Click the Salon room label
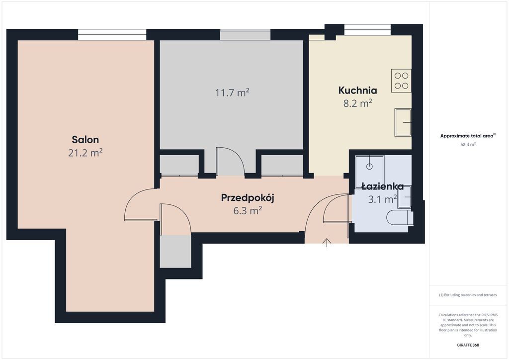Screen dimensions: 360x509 tap(85, 139)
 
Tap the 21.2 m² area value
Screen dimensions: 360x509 tap(85, 153)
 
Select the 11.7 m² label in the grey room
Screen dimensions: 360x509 tap(232, 92)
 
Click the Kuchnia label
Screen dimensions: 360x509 tap(357, 90)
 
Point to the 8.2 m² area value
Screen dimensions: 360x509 tap(357, 103)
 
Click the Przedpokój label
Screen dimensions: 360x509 tap(248, 197)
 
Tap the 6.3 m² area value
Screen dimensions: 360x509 tap(248, 210)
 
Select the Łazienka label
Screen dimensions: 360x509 tap(382, 186)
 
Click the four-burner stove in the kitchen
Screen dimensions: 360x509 tap(401, 81)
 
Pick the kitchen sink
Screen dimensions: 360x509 tap(403, 122)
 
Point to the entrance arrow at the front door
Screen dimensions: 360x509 tap(327, 242)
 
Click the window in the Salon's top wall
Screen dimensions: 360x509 tap(112, 34)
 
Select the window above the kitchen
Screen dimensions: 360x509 tap(367, 30)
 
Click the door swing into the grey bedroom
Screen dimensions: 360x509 tap(230, 161)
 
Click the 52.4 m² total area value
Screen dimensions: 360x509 tap(467, 144)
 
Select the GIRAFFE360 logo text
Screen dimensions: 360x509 tap(467, 345)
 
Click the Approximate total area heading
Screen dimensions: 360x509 tap(467, 136)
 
